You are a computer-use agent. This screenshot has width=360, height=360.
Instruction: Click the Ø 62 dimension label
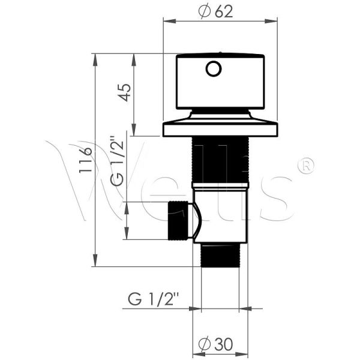pyautogui.click(x=215, y=11)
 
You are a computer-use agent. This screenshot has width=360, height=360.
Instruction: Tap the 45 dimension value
pyautogui.click(x=125, y=92)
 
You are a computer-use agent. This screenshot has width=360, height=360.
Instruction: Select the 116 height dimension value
pyautogui.click(x=85, y=160)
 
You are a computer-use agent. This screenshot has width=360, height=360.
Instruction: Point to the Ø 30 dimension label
pyautogui.click(x=215, y=344)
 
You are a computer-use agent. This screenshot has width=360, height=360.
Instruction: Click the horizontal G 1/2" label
pyautogui.click(x=154, y=298)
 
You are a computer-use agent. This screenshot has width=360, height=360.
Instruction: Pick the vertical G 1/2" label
pyautogui.click(x=117, y=160)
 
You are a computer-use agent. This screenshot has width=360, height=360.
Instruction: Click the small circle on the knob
pyautogui.click(x=214, y=68)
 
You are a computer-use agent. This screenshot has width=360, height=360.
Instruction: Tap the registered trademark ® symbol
pyautogui.click(x=306, y=166)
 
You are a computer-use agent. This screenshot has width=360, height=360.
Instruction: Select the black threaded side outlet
pyautogui.click(x=178, y=221)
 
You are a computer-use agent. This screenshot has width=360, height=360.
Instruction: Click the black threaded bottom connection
pyautogui.click(x=220, y=255)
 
